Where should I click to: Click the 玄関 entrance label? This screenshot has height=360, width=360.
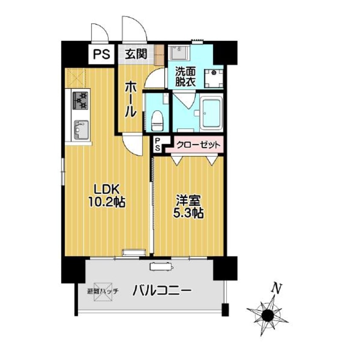[136, 54]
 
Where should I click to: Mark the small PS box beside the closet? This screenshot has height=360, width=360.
[157, 144]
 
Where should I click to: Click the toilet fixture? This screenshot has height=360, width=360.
[157, 120]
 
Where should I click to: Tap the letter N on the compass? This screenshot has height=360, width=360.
[277, 288]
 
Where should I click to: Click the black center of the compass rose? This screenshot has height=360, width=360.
[268, 315]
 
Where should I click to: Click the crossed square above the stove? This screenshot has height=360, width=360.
[76, 77]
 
